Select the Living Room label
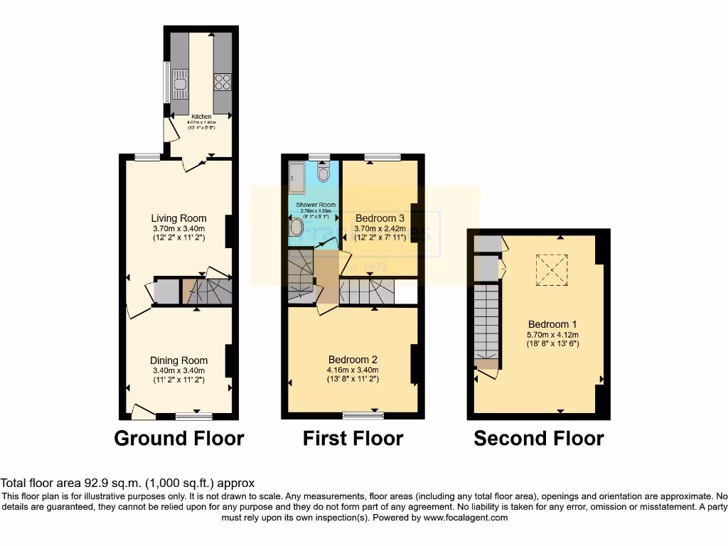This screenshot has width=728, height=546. click(x=178, y=218)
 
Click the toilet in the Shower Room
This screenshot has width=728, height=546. click(x=324, y=173)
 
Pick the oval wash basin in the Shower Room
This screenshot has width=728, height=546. click(x=296, y=227)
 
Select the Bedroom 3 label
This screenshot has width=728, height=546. click(x=380, y=218)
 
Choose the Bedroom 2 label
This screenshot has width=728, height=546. click(x=353, y=359)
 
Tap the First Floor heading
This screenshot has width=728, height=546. click(x=353, y=439)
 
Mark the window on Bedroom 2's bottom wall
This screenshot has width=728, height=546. click(x=363, y=414)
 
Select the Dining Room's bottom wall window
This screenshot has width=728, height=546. click(x=193, y=416)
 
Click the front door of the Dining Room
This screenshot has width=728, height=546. click(x=143, y=410)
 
